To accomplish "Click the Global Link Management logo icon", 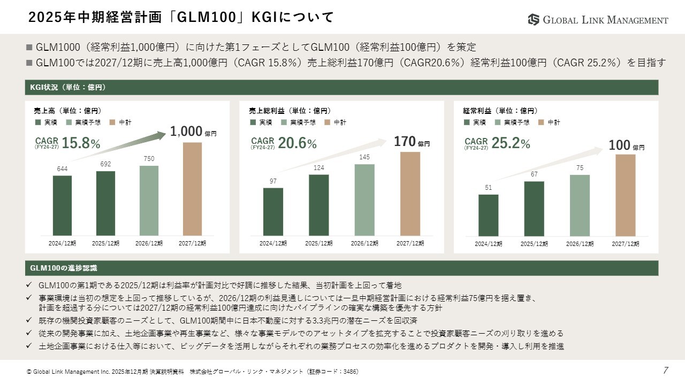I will [x=534, y=20].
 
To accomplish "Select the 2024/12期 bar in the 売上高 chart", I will [x=62, y=205].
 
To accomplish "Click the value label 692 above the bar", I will [x=105, y=164].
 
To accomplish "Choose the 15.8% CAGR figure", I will [x=81, y=143].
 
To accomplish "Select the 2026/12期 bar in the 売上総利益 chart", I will [x=364, y=200].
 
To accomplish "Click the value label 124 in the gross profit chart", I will [x=319, y=168].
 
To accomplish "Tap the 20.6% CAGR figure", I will [x=297, y=143].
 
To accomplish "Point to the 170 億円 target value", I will [x=412, y=142].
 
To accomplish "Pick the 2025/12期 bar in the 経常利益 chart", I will [x=534, y=209].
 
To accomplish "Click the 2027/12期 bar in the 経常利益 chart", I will [x=625, y=195].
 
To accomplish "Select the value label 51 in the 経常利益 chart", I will [x=489, y=188].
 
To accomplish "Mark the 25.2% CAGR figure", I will [x=511, y=143].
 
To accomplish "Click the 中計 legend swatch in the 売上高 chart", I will [x=112, y=122].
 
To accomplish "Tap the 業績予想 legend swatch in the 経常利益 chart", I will [x=498, y=122].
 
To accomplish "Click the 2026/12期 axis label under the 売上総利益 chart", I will [x=364, y=243].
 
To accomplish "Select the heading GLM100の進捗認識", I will [x=64, y=268].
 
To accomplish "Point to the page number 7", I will [x=666, y=370].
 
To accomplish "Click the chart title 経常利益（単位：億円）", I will [x=500, y=111].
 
